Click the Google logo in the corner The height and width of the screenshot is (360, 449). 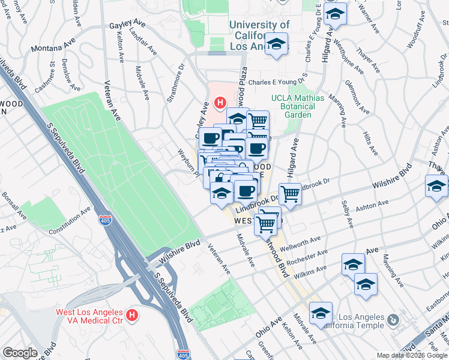[x=20, y=353]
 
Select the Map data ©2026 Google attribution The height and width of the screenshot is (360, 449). [x=411, y=355]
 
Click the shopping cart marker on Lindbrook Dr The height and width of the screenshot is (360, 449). [x=290, y=194]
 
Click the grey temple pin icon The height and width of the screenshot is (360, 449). [x=393, y=319]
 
